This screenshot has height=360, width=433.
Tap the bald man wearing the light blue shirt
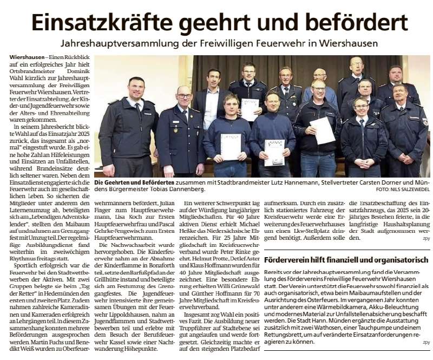[x=320, y=76]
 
